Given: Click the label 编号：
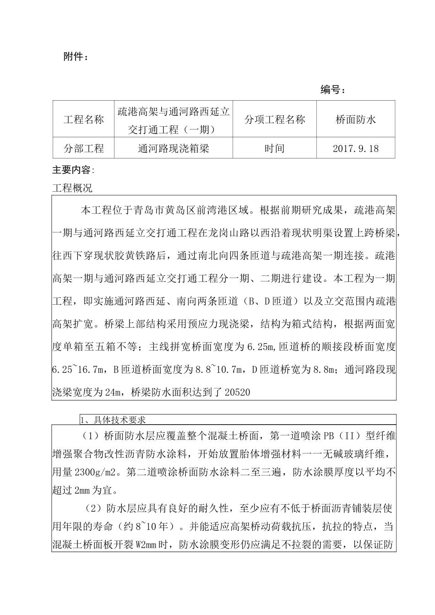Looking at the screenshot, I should click(333, 90).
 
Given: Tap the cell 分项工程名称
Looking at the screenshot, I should click(275, 119).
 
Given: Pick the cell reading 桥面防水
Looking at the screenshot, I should click(355, 119).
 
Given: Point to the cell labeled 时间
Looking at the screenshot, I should click(275, 148).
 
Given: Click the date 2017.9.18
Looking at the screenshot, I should click(355, 148).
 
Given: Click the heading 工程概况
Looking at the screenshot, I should click(72, 188).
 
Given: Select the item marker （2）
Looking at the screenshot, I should click(94, 508).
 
